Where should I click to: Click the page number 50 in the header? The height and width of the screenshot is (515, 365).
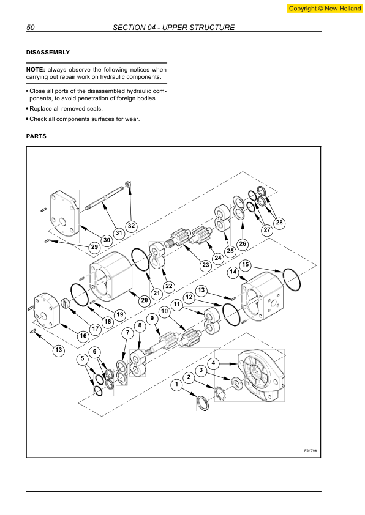tap(30, 28)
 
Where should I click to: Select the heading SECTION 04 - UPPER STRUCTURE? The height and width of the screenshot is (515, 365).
tap(174, 28)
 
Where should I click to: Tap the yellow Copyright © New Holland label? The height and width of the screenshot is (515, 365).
tap(323, 9)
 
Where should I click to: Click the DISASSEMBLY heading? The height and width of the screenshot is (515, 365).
tap(48, 53)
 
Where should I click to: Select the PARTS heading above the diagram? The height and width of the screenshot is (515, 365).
tap(36, 136)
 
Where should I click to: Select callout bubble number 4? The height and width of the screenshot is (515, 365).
tap(213, 363)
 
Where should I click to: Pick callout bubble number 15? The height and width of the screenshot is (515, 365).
tap(246, 265)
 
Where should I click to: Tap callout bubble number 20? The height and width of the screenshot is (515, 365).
tap(145, 300)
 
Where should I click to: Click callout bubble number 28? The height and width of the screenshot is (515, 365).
tap(279, 223)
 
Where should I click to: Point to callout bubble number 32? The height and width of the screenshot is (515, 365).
tap(131, 225)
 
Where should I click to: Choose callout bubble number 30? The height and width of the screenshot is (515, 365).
tap(107, 240)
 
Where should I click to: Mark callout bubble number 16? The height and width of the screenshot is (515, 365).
tap(83, 336)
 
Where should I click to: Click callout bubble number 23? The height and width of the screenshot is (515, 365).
tap(206, 265)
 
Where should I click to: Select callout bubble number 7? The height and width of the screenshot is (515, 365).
tap(127, 333)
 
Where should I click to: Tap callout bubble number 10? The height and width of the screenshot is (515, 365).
tap(164, 311)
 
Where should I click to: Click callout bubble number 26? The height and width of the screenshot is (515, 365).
tap(242, 243)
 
